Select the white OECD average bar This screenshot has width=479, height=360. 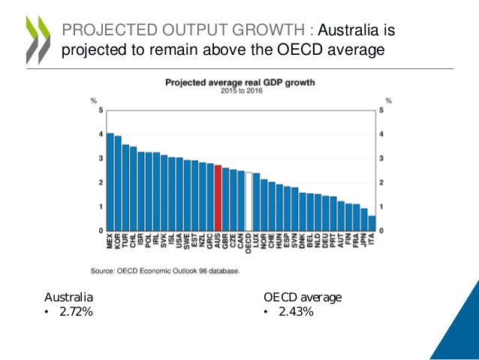point(249,201)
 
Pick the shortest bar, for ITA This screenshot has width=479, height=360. point(372,223)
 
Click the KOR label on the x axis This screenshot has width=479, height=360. point(119,242)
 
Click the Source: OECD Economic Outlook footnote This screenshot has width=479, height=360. point(165,271)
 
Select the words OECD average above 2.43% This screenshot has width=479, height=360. point(303,297)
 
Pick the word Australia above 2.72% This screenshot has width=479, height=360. point(68,297)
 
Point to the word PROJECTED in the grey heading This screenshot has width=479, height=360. point(110,31)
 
